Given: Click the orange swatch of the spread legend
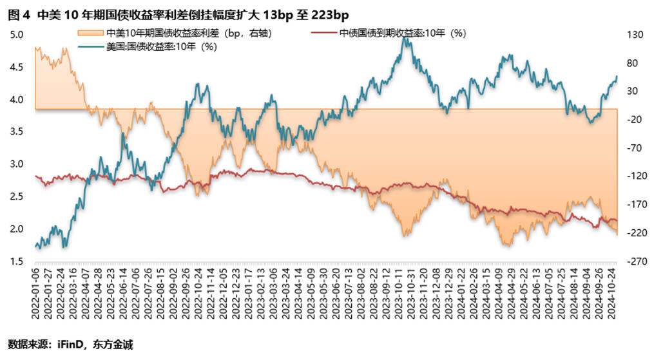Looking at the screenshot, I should tap(90, 33).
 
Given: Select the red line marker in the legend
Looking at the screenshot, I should tap(323, 33).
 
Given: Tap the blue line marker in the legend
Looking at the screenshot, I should tap(90, 46).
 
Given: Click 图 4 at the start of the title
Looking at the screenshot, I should tap(17, 14).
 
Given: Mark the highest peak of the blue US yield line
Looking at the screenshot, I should tap(404, 39).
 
